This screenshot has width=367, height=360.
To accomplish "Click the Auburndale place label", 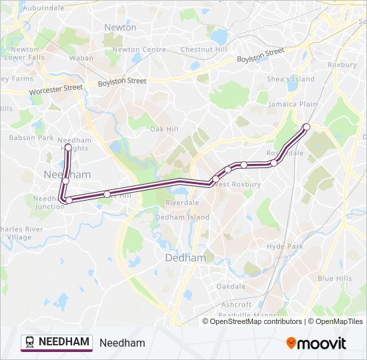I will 43,7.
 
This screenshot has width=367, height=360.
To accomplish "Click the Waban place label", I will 81,58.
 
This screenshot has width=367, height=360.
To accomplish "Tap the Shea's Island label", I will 290,79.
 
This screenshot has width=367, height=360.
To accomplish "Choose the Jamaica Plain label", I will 292,105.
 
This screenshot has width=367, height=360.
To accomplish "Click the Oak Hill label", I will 163,129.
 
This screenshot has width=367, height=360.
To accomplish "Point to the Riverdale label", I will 182,202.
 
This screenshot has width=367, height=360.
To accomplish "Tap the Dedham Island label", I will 182,217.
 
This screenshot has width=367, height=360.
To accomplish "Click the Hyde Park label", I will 285,246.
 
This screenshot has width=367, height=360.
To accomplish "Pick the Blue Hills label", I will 334,278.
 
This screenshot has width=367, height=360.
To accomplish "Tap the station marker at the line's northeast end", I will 306,127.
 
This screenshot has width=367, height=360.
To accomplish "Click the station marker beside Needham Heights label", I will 68,147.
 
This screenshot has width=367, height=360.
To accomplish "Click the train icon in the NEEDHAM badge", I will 30,342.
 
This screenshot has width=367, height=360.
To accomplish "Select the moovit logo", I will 316,343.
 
